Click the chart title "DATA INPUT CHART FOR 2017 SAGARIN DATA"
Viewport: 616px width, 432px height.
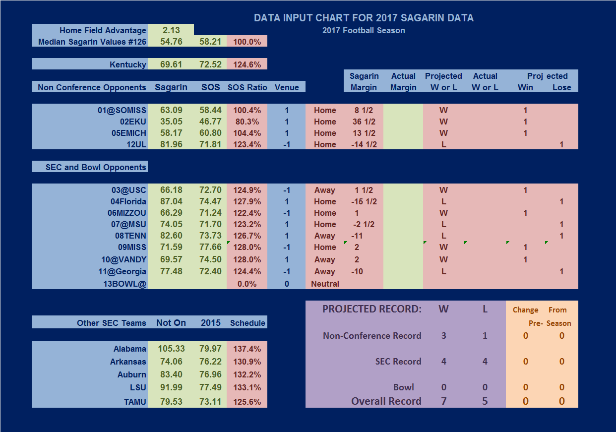point(364,18)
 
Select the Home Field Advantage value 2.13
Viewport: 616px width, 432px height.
point(171,30)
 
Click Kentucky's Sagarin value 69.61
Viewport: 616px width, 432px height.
point(171,64)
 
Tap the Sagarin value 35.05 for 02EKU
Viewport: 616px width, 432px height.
point(171,122)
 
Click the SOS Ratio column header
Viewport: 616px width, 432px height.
point(247,87)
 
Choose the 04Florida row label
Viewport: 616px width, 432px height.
point(128,201)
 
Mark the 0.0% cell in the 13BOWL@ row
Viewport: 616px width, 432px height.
point(247,284)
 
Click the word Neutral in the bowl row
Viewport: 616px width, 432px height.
point(325,284)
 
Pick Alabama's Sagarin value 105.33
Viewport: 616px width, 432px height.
point(171,349)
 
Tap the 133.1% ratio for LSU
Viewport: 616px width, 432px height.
point(247,388)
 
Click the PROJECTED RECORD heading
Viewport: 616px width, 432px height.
point(371,309)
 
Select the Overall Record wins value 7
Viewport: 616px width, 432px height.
point(443,401)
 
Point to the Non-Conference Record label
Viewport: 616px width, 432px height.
point(372,336)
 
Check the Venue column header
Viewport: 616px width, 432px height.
point(287,87)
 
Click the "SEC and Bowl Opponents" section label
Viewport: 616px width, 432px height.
point(96,167)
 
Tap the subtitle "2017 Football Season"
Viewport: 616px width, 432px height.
point(364,31)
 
